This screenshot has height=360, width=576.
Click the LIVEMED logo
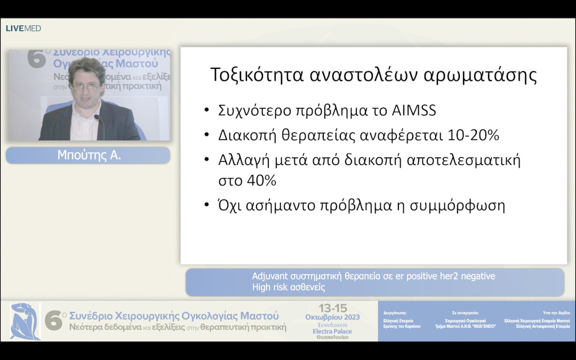pos(23,28)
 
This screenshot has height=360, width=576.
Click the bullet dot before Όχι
pos(206,206)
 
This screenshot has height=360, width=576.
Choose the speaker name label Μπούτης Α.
pos(87,155)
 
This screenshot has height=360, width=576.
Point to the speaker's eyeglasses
pos(84,85)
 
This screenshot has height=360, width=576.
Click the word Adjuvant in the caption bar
pos(270,276)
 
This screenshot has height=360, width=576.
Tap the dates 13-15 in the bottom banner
pos(332,308)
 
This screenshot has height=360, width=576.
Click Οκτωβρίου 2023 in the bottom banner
pos(332,317)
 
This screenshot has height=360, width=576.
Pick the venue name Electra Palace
pos(332,331)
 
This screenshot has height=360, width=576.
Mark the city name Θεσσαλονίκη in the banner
pos(332,337)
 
